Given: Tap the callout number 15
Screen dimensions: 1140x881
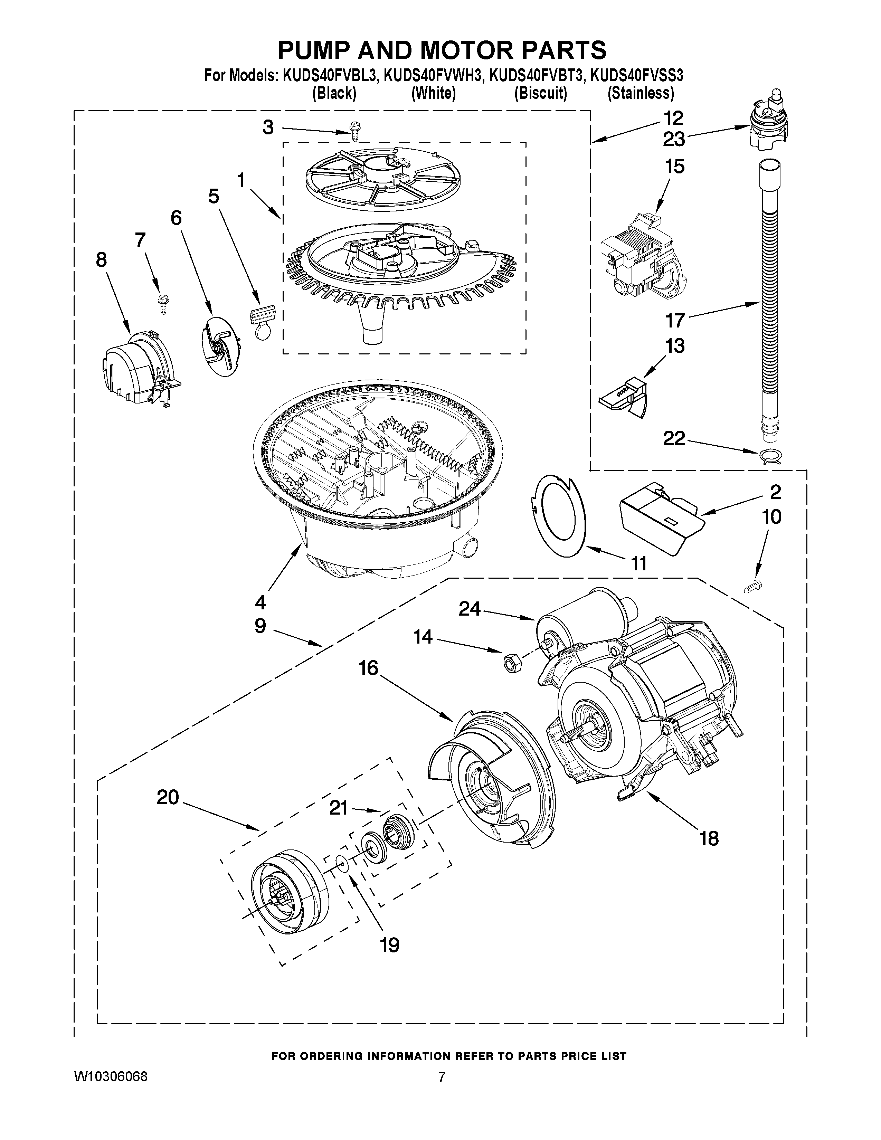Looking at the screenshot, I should point(674,167).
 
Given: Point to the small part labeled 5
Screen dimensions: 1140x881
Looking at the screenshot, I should point(263,320).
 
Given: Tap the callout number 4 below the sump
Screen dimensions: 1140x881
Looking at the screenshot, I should point(260,602).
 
